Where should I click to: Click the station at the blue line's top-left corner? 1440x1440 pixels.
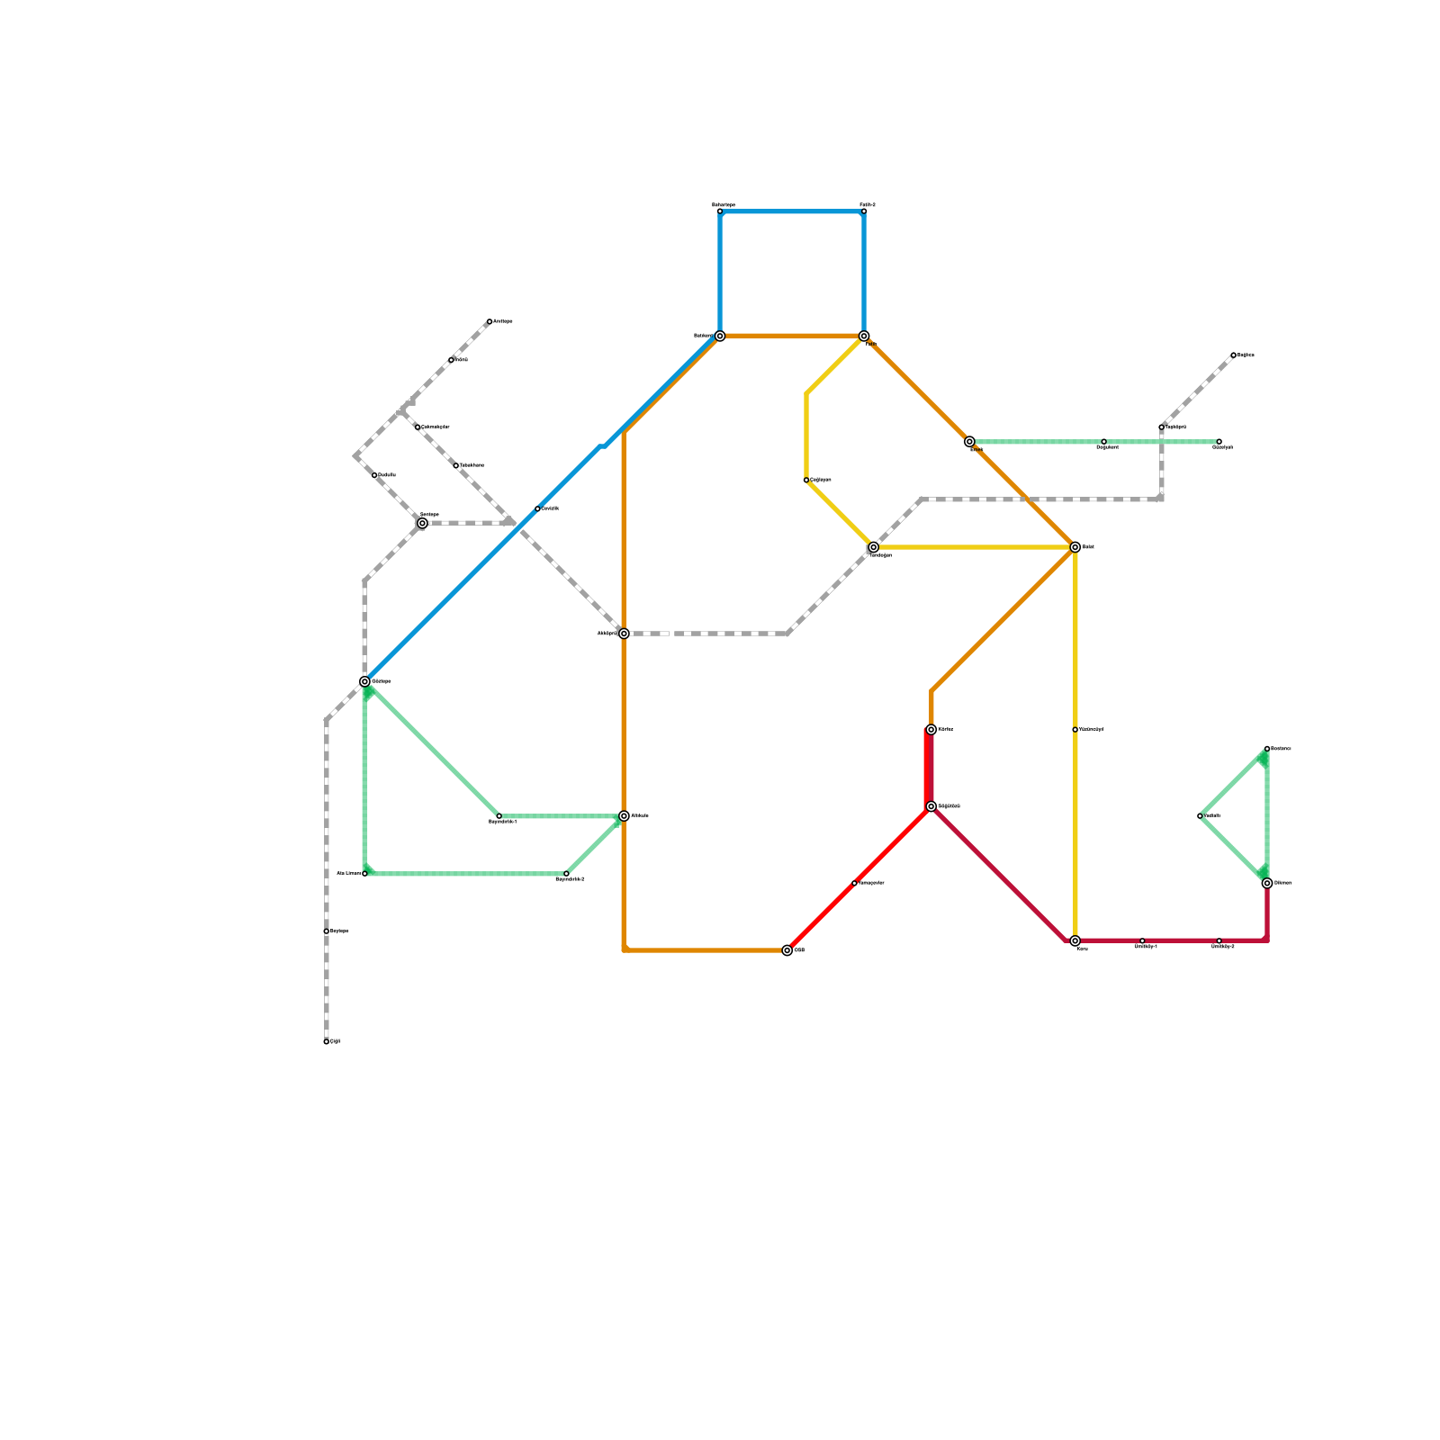tap(720, 211)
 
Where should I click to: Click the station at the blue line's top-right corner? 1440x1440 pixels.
tap(864, 211)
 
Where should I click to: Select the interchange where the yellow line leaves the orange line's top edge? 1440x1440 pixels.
tap(864, 337)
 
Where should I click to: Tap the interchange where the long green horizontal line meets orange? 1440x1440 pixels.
tap(969, 442)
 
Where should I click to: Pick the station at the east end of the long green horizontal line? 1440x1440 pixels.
tap(1219, 442)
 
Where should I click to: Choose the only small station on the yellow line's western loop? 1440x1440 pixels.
tap(806, 481)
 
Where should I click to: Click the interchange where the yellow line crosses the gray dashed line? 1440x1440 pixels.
tap(873, 547)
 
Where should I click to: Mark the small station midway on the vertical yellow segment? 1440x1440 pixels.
tap(1075, 730)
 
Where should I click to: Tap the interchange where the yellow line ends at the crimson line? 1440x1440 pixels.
tap(1075, 940)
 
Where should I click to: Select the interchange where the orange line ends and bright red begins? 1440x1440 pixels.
tap(787, 950)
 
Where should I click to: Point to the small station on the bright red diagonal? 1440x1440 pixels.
tap(854, 883)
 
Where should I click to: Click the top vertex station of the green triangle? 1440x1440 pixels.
tap(1267, 749)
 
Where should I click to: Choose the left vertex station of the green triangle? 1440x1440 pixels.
tap(1200, 816)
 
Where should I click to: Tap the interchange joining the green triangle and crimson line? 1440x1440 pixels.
tap(1267, 883)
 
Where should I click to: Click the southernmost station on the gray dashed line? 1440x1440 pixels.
tap(326, 1041)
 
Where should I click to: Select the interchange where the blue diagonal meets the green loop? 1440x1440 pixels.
tap(364, 681)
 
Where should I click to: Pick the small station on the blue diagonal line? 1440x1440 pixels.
tap(537, 509)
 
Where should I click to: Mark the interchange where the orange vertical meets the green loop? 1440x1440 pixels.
tap(624, 816)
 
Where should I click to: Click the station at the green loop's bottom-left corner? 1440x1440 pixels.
tap(364, 874)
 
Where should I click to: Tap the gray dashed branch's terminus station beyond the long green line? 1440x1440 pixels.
tap(1233, 355)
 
